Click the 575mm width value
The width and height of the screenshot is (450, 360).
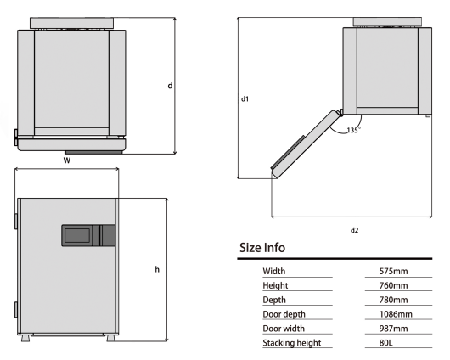[393, 271]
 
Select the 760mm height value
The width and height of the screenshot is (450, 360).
[393, 285]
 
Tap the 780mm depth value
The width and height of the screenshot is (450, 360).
[393, 300]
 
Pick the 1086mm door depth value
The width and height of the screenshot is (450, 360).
[396, 314]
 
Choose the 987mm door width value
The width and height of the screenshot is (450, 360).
[393, 329]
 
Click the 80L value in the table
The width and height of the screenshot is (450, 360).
[385, 343]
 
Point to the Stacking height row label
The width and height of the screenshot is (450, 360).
[291, 343]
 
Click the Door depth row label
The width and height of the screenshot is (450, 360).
[284, 314]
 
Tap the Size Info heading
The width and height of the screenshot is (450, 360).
[262, 248]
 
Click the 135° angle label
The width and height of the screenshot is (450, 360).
[353, 130]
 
